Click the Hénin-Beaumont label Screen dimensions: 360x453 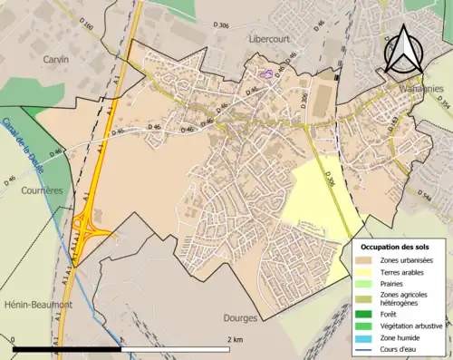pyautogui.click(x=36, y=305)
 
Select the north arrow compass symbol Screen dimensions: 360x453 pyautogui.click(x=405, y=50)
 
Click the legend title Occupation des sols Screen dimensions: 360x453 pyautogui.click(x=400, y=247)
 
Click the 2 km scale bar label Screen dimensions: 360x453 pyautogui.click(x=234, y=339)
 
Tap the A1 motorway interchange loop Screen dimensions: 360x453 pyautogui.click(x=90, y=224)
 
